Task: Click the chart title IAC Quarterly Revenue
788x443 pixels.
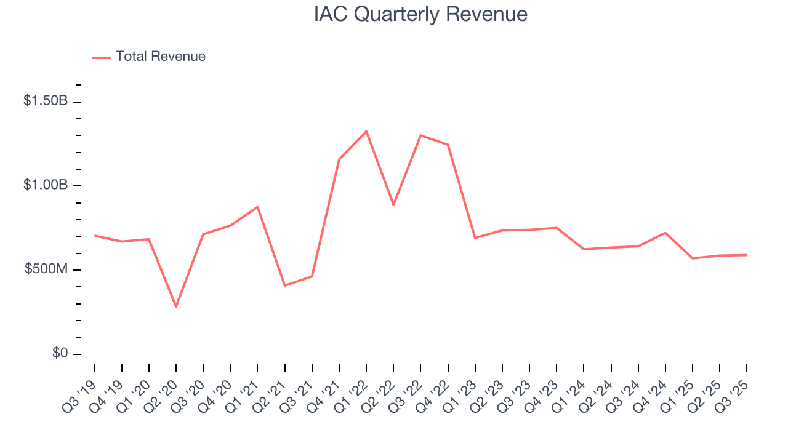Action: click(x=420, y=15)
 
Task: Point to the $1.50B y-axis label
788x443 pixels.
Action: click(x=46, y=101)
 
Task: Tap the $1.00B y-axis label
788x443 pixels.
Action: click(x=46, y=185)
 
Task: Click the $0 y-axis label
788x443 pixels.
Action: click(x=59, y=354)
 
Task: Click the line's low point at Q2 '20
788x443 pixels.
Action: click(x=176, y=306)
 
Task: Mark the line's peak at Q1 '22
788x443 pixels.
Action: click(x=366, y=131)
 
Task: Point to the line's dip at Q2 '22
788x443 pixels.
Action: click(x=393, y=205)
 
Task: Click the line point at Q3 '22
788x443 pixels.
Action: click(x=420, y=135)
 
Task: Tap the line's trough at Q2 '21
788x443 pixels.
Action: click(x=284, y=285)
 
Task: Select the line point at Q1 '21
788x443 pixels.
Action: click(x=257, y=207)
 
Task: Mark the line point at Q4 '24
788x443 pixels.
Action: click(x=665, y=233)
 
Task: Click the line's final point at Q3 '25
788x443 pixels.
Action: click(x=747, y=255)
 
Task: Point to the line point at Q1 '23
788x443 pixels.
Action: click(x=475, y=237)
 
